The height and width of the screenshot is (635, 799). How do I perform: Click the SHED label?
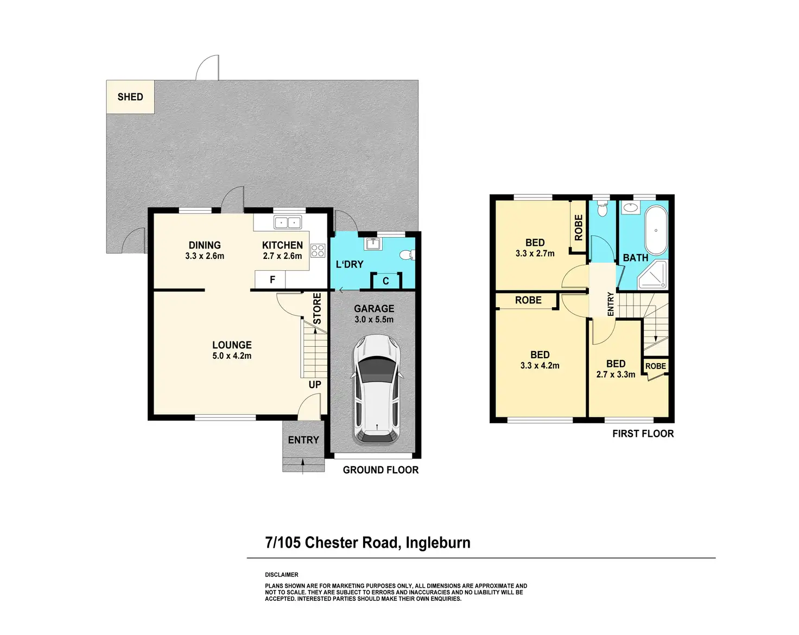pos(130,97)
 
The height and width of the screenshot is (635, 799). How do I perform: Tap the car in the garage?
pos(377,389)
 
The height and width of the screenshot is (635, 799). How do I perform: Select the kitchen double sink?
pos(287,223)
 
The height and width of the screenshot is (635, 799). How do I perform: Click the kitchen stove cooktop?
pos(318,250)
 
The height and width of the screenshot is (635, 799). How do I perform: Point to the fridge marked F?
pos(270,280)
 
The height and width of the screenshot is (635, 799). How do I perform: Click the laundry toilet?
pos(408,255)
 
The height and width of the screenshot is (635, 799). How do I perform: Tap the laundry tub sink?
pos(372,244)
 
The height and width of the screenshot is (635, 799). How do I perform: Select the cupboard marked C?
pos(386,281)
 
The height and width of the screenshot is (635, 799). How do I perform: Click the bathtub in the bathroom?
pos(656,230)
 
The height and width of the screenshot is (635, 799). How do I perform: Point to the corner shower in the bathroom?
pos(652,275)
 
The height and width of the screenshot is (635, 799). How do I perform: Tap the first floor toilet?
pos(602,209)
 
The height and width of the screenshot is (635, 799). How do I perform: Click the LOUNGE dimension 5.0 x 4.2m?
pos(232,355)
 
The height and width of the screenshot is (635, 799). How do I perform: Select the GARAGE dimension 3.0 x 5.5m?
pos(374,319)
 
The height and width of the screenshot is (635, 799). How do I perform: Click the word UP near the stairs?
pos(315,385)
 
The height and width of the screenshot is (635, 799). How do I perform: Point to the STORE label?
pos(317,308)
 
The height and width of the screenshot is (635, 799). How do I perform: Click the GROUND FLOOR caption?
pos(381,470)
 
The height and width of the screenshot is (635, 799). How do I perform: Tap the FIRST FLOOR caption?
pos(643,434)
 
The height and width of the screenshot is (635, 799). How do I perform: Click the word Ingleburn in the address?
pos(438,543)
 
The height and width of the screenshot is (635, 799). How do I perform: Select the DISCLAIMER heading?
pos(281,575)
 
